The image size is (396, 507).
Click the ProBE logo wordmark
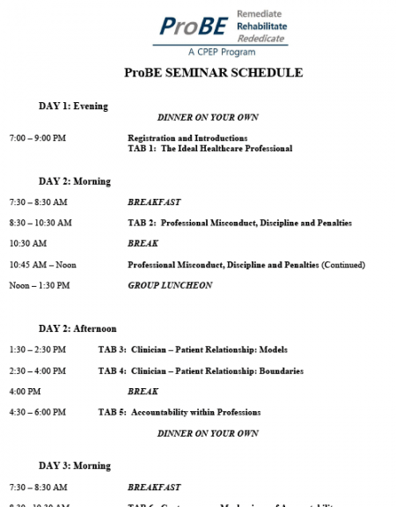point(187,26)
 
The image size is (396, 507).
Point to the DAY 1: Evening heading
point(73,107)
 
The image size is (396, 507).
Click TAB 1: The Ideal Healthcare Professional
point(209,148)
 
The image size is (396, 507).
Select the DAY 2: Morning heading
point(75,181)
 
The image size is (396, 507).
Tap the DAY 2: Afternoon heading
point(77,328)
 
